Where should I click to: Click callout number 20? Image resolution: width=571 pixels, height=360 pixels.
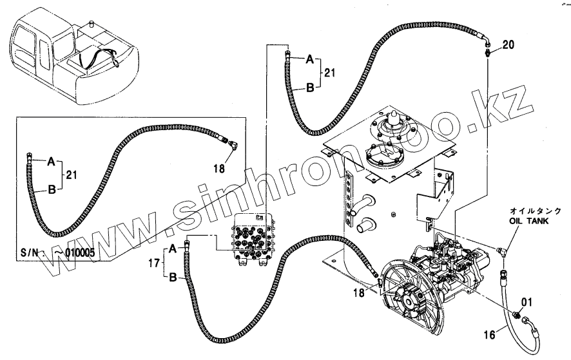508,44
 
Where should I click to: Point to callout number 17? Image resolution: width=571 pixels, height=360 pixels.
154,263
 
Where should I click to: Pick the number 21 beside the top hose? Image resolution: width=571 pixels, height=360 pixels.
329,74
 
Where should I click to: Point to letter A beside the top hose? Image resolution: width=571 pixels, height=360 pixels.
309,59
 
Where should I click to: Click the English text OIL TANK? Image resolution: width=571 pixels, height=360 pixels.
526,221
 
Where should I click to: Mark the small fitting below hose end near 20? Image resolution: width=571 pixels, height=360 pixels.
487,52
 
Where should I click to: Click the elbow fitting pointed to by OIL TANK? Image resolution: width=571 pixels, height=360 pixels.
502,252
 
